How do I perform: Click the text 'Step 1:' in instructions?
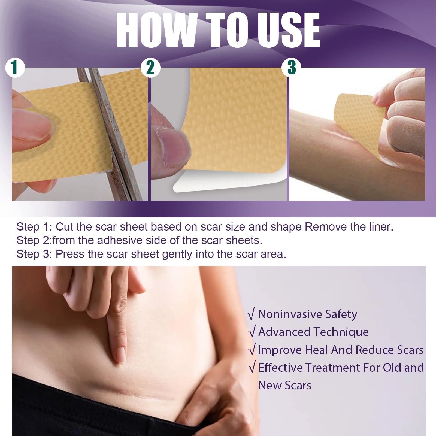tap(34, 227)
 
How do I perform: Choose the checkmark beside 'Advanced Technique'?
tap(252, 332)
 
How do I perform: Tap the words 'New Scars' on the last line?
tap(284, 385)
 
